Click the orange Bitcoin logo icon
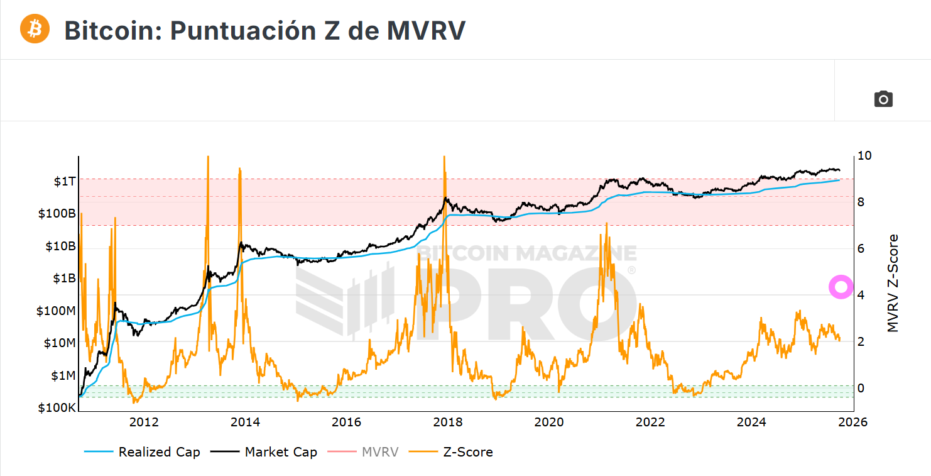[35, 29]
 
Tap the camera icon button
[883, 99]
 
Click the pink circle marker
[841, 287]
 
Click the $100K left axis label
[57, 407]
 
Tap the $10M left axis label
[60, 343]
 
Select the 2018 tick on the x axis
[447, 421]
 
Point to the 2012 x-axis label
[143, 421]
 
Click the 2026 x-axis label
[852, 421]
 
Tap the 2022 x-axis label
[650, 421]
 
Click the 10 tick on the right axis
[865, 155]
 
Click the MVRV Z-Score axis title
[893, 283]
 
